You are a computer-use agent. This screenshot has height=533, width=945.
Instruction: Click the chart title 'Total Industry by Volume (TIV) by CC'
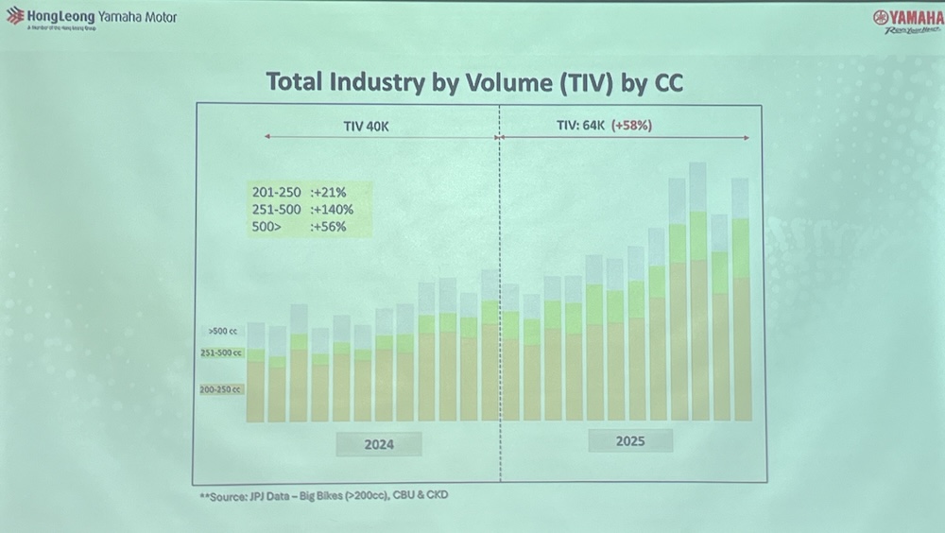474,82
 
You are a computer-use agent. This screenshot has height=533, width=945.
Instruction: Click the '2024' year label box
379,444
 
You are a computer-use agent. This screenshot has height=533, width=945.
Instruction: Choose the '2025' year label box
630,441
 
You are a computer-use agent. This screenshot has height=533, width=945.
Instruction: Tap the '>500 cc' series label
223,332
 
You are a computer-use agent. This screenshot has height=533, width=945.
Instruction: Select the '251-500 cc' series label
221,352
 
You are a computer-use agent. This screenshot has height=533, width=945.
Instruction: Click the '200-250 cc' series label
221,389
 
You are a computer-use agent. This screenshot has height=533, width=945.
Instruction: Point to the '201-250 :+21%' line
292,192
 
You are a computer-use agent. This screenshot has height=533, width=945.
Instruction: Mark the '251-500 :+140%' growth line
296,209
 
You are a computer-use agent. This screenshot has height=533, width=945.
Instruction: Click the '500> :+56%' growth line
292,227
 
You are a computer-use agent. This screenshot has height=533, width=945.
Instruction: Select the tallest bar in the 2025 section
698,293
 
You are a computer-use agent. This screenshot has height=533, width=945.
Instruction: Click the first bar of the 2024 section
255,373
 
